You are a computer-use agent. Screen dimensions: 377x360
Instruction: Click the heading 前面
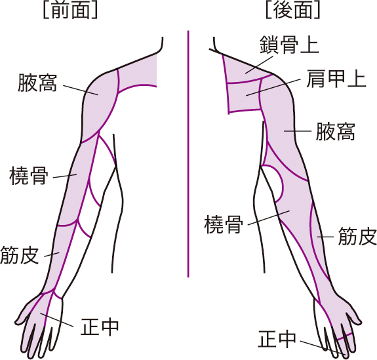click(70, 10)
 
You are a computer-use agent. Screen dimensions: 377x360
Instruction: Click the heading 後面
click(293, 10)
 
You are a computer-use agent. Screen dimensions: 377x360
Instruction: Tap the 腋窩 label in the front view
click(37, 83)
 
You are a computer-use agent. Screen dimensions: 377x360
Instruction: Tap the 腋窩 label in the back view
click(335, 131)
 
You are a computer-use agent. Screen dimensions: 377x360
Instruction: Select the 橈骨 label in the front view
click(29, 176)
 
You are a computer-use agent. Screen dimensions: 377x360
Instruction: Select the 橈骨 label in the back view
click(224, 224)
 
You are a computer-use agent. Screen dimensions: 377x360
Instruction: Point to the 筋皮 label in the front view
click(20, 255)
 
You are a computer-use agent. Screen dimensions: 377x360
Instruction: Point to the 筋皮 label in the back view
click(357, 237)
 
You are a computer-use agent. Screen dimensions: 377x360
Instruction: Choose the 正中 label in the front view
click(100, 327)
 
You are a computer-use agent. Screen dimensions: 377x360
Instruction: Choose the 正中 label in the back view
click(277, 338)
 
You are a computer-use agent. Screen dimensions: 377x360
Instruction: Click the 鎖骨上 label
click(290, 45)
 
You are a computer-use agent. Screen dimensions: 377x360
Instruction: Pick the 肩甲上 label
click(336, 79)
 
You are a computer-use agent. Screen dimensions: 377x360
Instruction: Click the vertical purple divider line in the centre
click(188, 154)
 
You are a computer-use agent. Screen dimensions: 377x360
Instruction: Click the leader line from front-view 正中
click(57, 320)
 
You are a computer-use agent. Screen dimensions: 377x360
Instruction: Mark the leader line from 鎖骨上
click(259, 65)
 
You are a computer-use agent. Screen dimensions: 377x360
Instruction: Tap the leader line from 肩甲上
click(273, 87)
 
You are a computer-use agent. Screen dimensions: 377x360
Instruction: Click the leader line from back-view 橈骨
click(269, 218)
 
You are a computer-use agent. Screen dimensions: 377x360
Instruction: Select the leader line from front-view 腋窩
click(81, 90)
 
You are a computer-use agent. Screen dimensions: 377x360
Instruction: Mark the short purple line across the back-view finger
click(345, 336)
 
